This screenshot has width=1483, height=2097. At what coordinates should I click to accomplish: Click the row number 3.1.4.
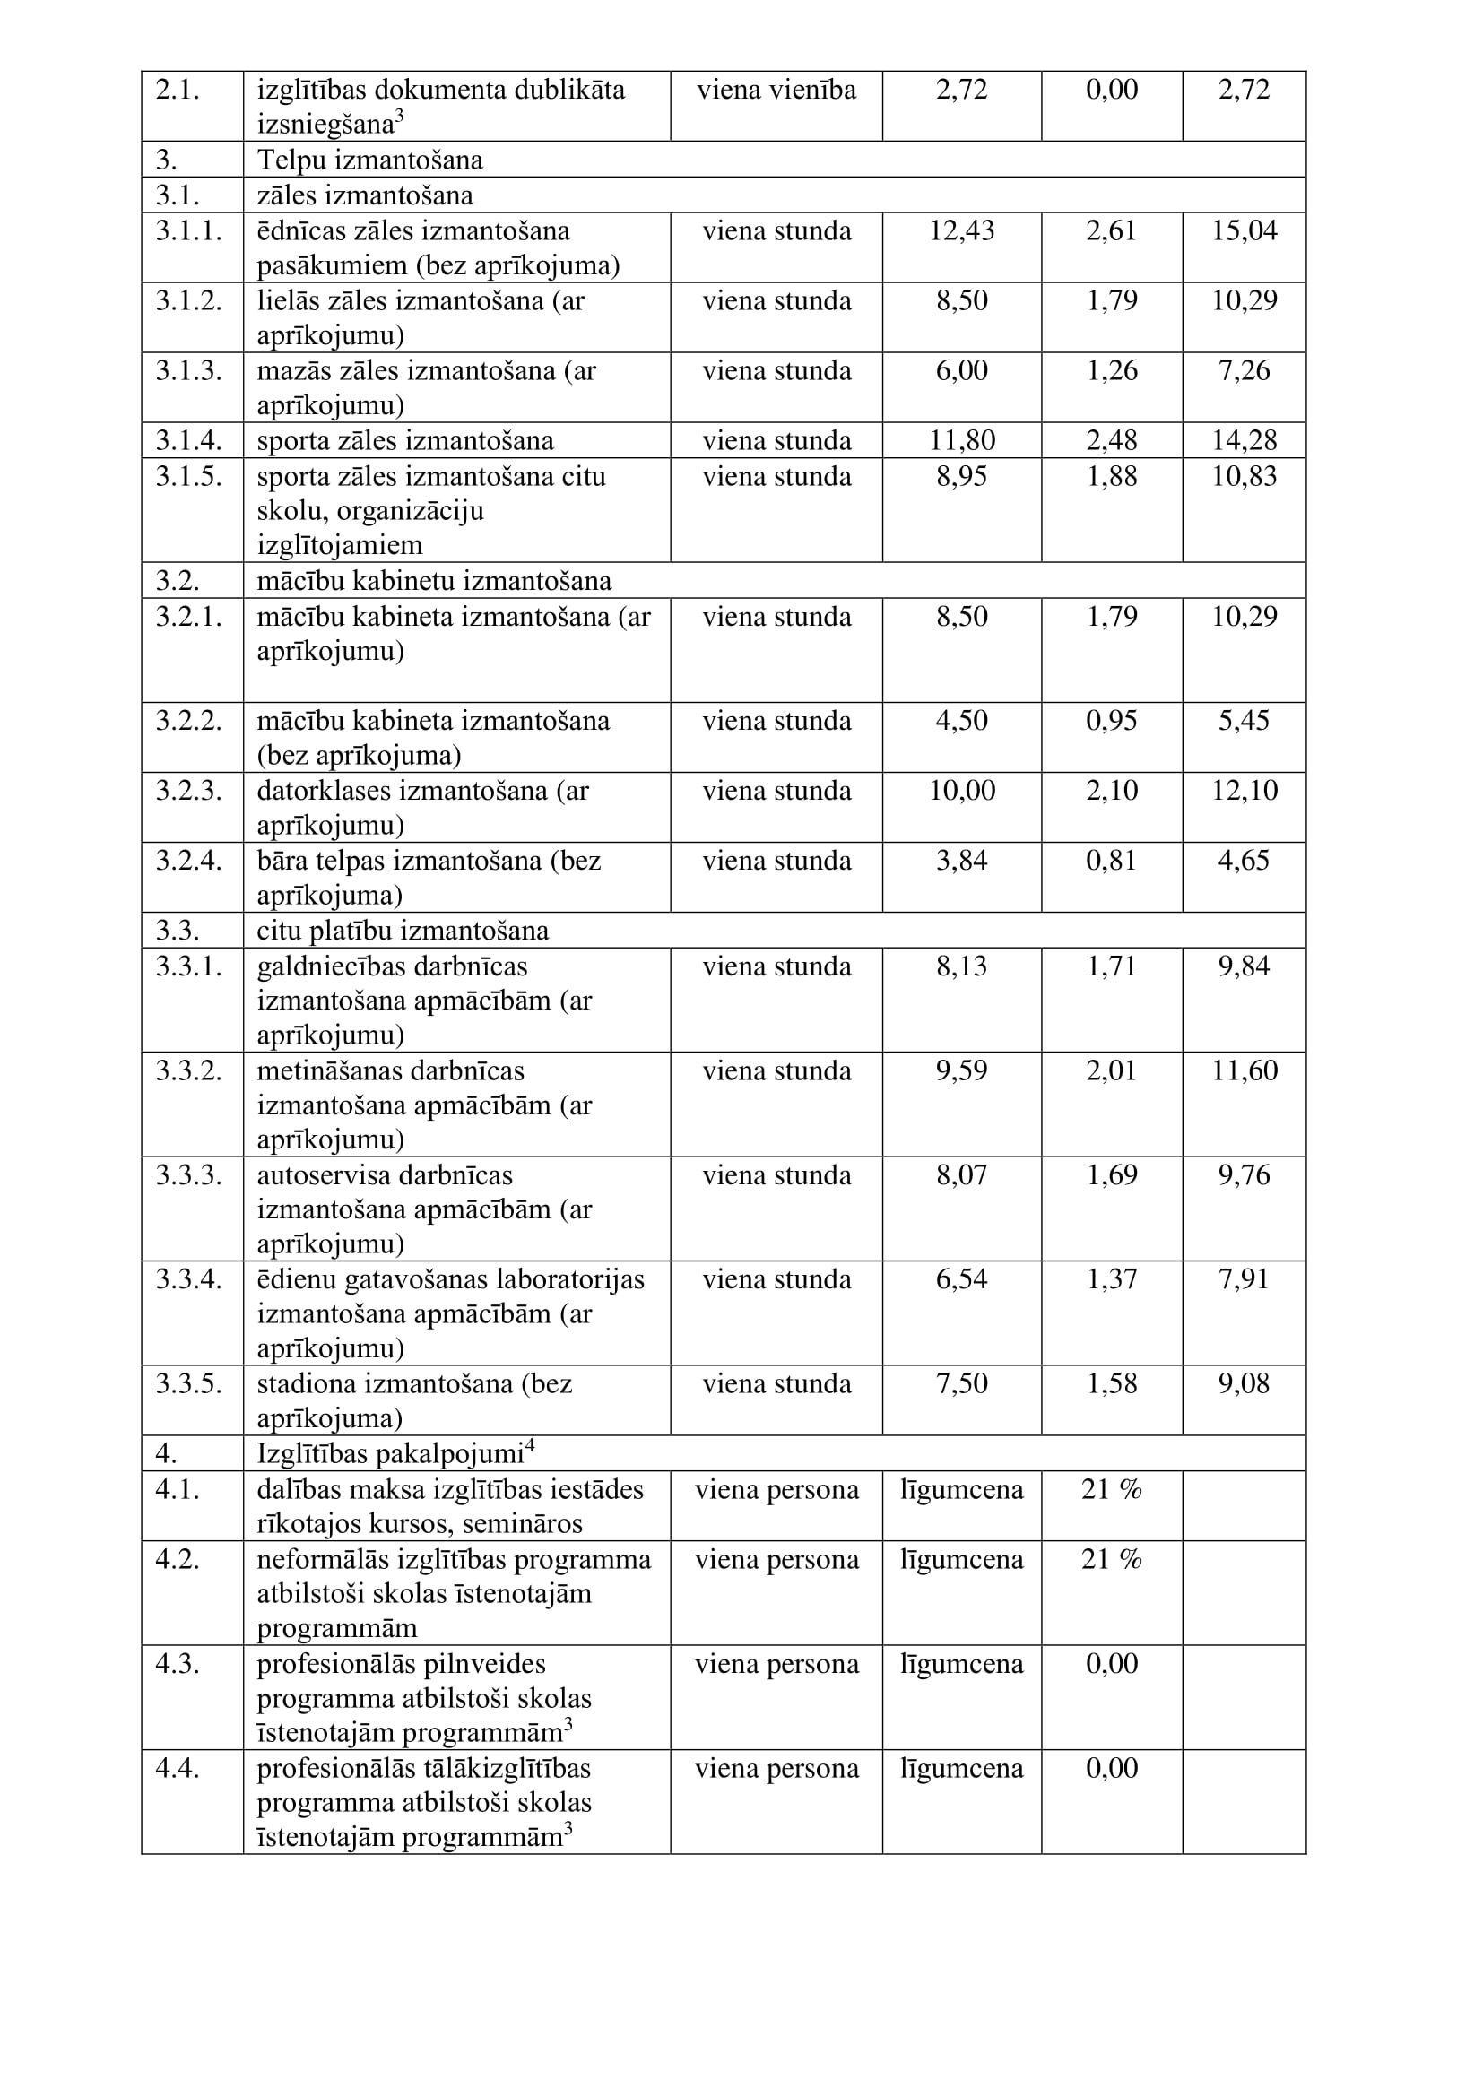coord(188,440)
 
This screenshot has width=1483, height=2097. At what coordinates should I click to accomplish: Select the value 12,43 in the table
coord(961,231)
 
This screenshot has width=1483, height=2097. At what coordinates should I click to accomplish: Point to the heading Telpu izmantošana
coord(369,160)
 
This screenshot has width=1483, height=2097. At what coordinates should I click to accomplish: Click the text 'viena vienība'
coord(776,90)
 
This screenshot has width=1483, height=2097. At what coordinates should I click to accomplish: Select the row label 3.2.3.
coord(188,790)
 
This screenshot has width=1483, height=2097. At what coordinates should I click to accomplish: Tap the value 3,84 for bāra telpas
coord(961,861)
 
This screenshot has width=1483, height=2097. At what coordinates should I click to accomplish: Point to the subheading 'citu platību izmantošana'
coord(403,931)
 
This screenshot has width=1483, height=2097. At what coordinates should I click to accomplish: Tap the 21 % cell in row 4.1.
coord(1111,1490)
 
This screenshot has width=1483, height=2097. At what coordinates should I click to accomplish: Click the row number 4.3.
coord(178,1664)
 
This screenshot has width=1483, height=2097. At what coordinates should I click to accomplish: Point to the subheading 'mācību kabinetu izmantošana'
coord(434,581)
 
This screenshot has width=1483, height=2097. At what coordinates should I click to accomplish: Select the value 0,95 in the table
coord(1111,721)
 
